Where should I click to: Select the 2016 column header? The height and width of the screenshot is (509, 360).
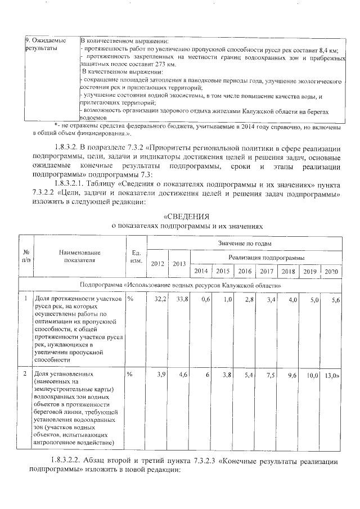coord(245,271)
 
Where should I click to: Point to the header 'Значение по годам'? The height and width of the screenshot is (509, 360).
coord(245,244)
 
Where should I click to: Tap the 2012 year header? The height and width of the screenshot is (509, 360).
coord(158,264)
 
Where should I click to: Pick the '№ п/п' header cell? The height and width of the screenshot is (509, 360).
coord(26,257)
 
